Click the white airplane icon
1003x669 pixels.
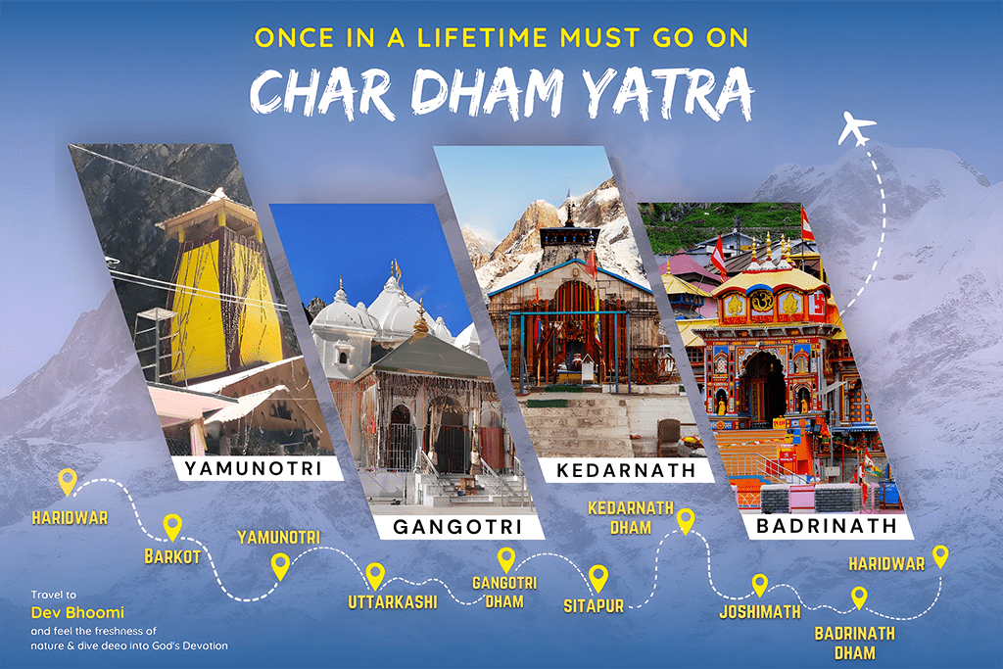(857, 128)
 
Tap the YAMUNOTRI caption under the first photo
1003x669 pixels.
(253, 468)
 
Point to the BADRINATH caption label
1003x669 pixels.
(826, 526)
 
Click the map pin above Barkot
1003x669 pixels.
(172, 527)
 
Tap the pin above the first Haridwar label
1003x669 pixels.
(67, 481)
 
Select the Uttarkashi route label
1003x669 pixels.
(393, 601)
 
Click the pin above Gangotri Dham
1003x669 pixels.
(506, 559)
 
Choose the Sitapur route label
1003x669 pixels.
(594, 606)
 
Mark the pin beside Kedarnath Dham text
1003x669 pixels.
(686, 520)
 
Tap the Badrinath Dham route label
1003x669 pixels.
(854, 643)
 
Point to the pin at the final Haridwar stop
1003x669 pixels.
(940, 556)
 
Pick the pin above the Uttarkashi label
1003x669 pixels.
(375, 575)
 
